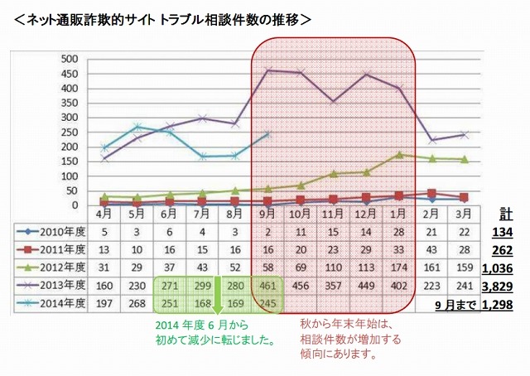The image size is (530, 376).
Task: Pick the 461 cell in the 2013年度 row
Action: pos(267,287)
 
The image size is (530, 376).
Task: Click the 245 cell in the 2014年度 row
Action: pos(267,305)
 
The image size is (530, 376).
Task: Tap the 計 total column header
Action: pos(506,213)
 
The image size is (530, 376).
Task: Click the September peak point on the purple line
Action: pos(267,70)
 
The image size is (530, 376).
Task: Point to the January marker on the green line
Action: pos(401,154)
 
